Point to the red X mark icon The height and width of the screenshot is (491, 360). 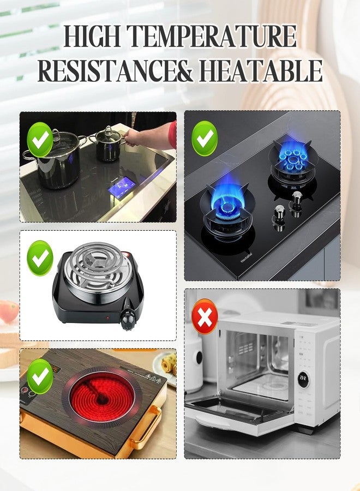pos(205,316)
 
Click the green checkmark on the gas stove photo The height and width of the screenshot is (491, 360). pos(205,139)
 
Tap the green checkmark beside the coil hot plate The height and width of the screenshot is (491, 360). pos(40,258)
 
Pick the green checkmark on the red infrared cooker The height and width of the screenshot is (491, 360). pos(40,376)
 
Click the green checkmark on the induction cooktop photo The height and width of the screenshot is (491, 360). pos(40,139)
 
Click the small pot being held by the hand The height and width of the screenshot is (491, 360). pos(109,143)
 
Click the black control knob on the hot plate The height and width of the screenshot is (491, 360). pos(128,319)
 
